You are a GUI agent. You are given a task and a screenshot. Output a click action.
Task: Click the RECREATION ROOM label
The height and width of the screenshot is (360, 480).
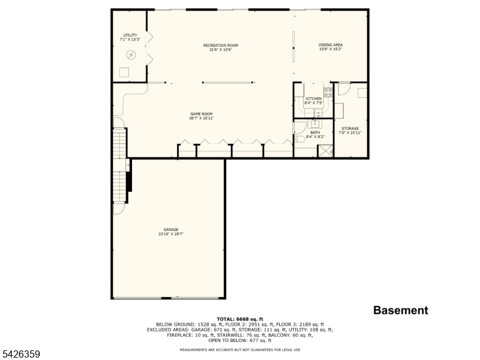click(x=220, y=47)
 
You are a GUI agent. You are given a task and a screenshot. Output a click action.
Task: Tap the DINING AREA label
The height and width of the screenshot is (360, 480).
click(x=331, y=47)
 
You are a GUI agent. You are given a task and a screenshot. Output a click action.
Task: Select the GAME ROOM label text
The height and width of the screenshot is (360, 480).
click(x=202, y=116)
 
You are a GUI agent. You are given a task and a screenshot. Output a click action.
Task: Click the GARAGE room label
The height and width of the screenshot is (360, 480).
click(x=171, y=232)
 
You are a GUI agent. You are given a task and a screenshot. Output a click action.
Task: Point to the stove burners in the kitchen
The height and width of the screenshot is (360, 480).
click(x=328, y=92)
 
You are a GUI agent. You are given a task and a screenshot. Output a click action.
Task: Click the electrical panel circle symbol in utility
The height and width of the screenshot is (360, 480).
click(x=131, y=55)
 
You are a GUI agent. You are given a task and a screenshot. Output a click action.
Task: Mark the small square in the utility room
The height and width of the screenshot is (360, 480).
click(x=124, y=72)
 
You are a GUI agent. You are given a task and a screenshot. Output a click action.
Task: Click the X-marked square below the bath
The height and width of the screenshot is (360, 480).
click(x=326, y=151)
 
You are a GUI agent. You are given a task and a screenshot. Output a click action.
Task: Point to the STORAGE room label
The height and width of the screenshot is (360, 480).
click(x=350, y=130)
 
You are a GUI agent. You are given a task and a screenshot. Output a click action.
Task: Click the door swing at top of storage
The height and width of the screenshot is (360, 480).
click(x=343, y=88)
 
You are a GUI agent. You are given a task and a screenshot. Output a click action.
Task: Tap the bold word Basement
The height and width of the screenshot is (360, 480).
click(x=401, y=310)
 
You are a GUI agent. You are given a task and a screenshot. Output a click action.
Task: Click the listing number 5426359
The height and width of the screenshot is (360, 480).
click(x=21, y=355)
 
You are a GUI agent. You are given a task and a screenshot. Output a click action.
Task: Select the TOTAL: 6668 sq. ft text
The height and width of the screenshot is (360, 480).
click(x=240, y=319)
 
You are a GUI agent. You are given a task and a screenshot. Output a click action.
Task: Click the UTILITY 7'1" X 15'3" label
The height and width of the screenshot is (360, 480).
click(x=130, y=37)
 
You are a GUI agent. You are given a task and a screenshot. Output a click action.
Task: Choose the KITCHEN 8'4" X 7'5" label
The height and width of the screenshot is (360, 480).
click(x=314, y=101)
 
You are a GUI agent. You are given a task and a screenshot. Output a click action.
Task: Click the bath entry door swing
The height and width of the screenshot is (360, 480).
click(x=298, y=127)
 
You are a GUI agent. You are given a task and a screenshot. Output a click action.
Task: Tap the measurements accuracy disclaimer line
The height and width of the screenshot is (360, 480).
click(x=240, y=349)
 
